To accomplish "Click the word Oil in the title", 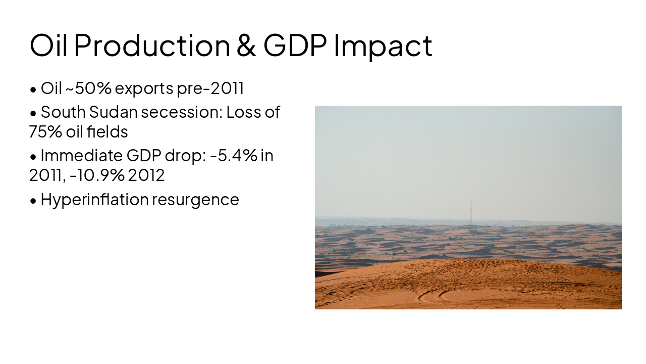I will [50, 45].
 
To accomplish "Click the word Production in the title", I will [152, 45].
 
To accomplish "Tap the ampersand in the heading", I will [246, 45].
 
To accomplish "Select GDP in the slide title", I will [295, 45].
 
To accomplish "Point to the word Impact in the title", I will [383, 45].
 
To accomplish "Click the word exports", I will [144, 88].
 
